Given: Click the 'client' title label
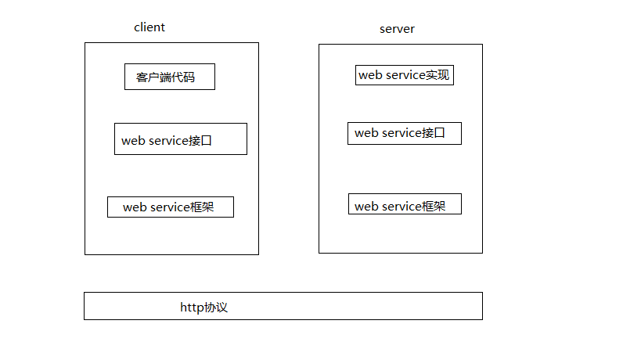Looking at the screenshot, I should click(x=149, y=27).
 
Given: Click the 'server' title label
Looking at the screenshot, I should click(x=397, y=29).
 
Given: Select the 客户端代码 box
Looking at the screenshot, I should click(x=169, y=77).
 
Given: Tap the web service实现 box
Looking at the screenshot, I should click(x=404, y=75).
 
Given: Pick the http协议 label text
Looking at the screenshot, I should click(x=203, y=308).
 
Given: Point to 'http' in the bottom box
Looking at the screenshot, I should click(x=192, y=308).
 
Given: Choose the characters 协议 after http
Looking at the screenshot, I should click(x=216, y=308).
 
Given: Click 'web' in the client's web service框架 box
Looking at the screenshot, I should click(x=135, y=207).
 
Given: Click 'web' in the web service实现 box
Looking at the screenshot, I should click(x=370, y=76).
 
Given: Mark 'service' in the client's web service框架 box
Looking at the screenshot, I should click(x=169, y=207).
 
